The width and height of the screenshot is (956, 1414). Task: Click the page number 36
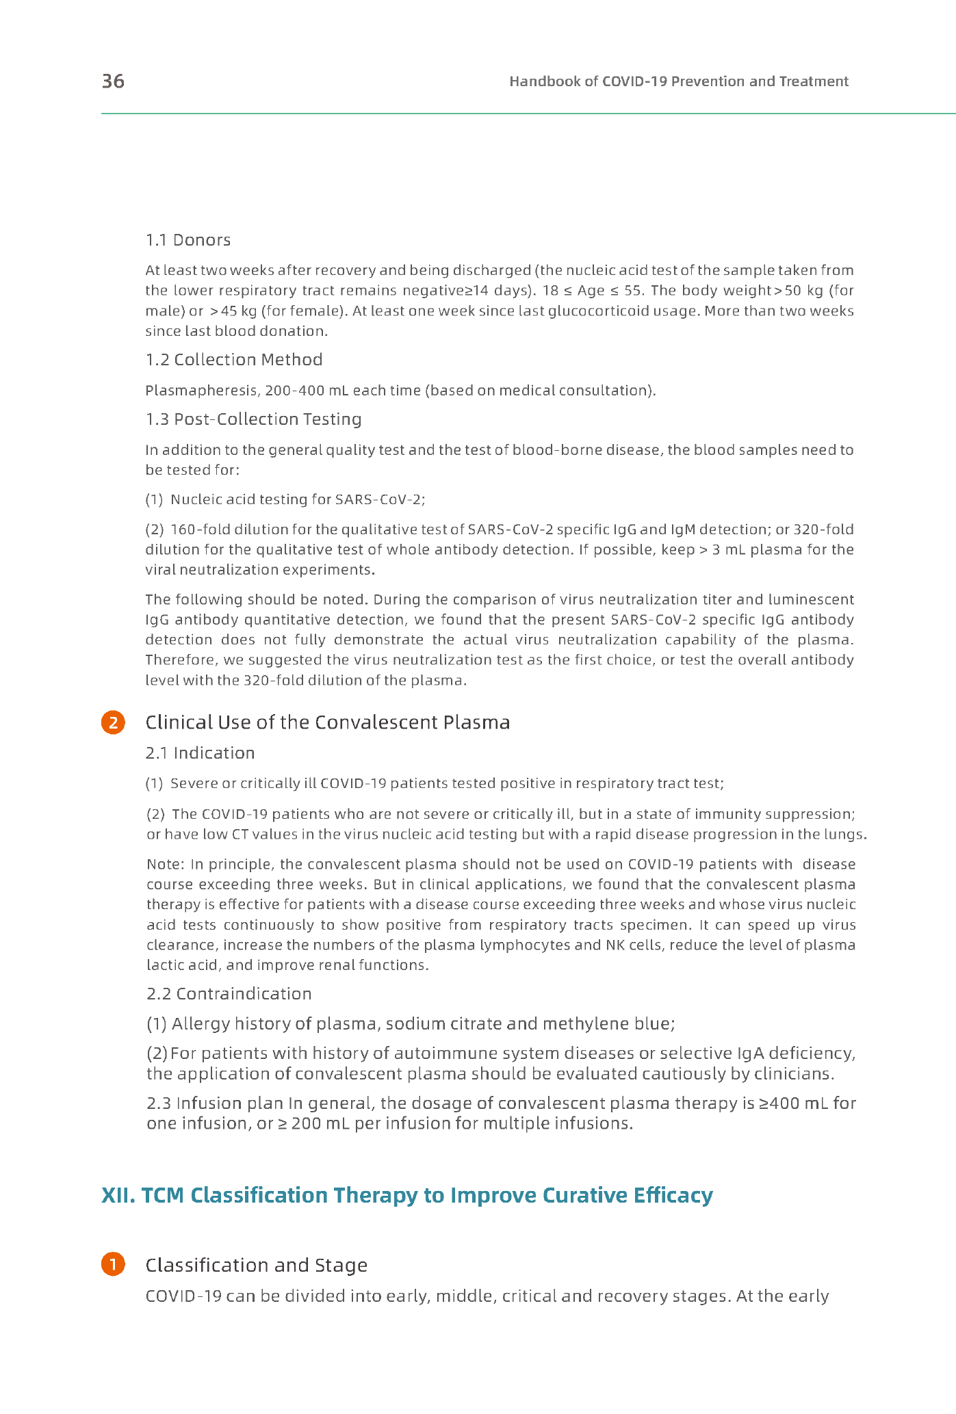click(113, 81)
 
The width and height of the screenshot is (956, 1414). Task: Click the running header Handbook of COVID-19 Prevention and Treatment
click(678, 81)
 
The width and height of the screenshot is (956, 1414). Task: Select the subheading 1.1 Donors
click(188, 240)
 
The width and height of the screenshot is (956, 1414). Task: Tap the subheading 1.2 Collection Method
click(233, 360)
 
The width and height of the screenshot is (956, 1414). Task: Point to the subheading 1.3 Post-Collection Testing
click(253, 419)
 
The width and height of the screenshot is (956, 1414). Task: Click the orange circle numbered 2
click(113, 723)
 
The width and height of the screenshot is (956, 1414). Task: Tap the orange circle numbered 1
click(113, 1265)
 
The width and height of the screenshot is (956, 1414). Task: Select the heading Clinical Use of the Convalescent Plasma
click(327, 722)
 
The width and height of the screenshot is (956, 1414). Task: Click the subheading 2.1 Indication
click(200, 753)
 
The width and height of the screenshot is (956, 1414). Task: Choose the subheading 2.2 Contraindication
click(229, 994)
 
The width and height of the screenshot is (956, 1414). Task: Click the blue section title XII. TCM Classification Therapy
click(406, 1195)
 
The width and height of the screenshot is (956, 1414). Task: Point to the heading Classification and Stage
click(256, 1265)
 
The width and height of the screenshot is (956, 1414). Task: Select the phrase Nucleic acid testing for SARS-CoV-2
click(298, 499)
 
